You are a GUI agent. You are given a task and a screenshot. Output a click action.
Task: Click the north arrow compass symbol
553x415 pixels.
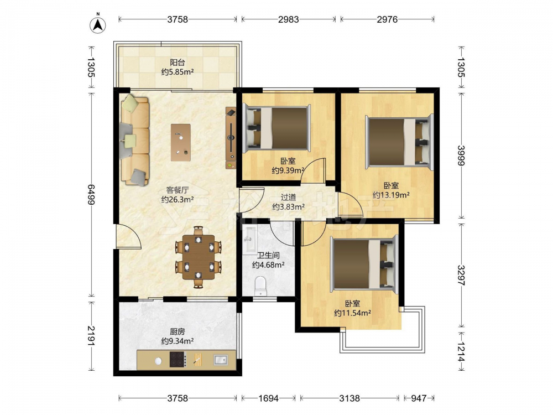point(98,24)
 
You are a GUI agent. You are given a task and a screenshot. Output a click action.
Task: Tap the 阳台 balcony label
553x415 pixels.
point(177,63)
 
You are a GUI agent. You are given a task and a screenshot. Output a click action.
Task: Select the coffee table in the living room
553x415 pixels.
point(181,142)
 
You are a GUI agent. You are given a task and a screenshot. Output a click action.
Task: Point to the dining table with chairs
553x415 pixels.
point(199,257)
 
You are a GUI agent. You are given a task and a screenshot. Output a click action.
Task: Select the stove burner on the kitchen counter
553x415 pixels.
point(178,360)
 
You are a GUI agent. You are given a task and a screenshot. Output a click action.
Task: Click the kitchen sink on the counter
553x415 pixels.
point(221,360)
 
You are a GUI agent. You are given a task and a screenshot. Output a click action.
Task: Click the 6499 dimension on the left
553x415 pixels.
point(91,194)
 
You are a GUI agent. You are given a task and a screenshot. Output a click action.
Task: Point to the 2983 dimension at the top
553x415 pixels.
point(289,19)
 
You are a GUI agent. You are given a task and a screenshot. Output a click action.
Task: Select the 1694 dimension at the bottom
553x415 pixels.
point(268,398)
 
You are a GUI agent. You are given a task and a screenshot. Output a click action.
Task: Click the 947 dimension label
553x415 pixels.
point(419,398)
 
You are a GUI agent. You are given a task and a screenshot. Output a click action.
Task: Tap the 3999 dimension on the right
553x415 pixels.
point(461,155)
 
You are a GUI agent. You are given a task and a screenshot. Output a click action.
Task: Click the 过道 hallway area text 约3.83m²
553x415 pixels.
point(289,207)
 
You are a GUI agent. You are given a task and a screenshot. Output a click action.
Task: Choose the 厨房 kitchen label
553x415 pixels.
point(177,331)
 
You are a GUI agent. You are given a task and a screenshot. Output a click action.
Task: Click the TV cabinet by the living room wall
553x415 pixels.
point(231,138)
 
